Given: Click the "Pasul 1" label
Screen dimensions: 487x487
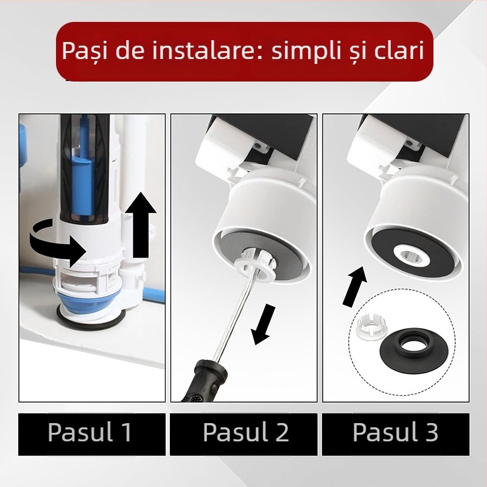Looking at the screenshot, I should (x=90, y=433).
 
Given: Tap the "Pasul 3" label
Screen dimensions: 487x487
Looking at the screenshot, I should (x=396, y=433).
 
